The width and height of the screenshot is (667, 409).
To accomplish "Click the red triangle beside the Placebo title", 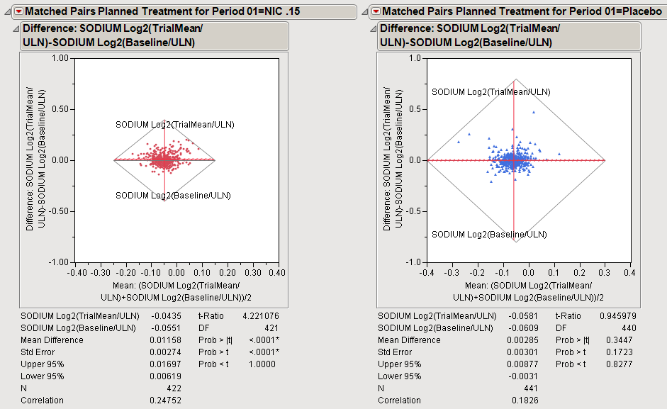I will (376, 11).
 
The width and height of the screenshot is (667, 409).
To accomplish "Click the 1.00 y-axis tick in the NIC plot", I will (58, 59).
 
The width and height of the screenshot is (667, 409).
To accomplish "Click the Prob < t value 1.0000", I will (266, 364).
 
